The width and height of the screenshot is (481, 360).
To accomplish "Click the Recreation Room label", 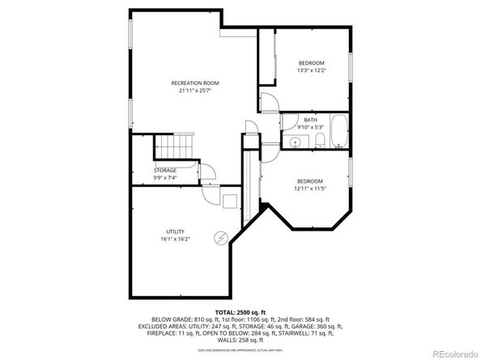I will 194,83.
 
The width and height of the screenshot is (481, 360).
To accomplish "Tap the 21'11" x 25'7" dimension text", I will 194,91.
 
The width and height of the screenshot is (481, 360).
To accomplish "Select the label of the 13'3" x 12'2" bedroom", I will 311,63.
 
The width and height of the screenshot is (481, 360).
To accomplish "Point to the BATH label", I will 311,120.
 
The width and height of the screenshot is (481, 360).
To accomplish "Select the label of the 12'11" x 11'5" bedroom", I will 309,180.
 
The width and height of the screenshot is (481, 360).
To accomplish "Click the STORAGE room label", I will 165,170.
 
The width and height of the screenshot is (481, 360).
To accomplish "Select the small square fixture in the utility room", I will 230,201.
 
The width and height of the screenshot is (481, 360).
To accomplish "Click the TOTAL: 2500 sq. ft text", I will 240,311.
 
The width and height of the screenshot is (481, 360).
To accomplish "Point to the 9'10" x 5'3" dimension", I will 311,127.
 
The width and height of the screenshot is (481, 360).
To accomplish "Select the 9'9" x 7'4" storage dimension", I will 165,177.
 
